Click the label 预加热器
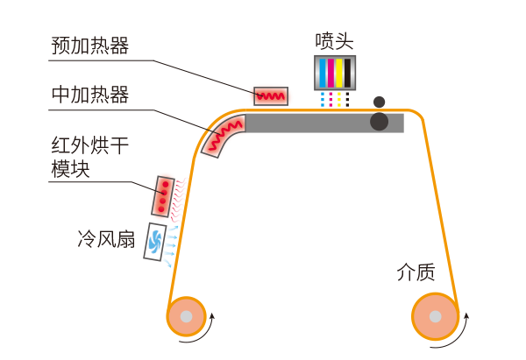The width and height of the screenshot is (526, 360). pyautogui.click(x=89, y=46)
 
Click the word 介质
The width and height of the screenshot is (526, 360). pyautogui.click(x=416, y=272)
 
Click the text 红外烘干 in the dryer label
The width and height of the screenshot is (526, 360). pyautogui.click(x=89, y=145)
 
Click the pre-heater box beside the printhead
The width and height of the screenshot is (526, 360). pyautogui.click(x=269, y=95)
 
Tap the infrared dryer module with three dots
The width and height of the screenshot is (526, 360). pyautogui.click(x=162, y=195)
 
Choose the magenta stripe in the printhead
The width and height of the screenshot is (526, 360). pyautogui.click(x=330, y=71)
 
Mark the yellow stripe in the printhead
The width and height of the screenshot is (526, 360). pyautogui.click(x=338, y=71)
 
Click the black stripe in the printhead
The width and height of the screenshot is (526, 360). pyautogui.click(x=347, y=71)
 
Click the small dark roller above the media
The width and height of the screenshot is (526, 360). pyautogui.click(x=379, y=102)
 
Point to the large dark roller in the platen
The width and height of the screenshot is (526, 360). pyautogui.click(x=379, y=121)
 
